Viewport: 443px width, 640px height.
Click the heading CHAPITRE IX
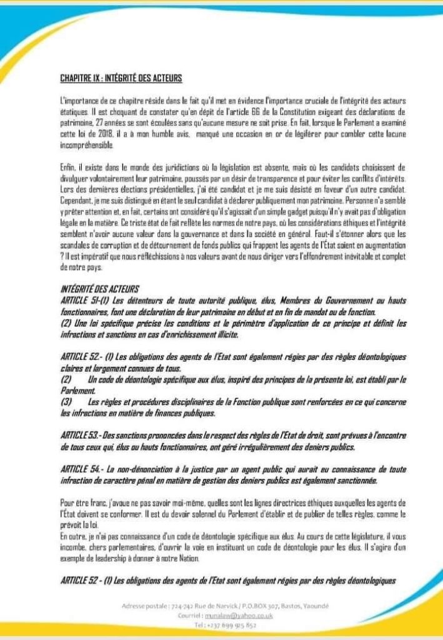(121, 78)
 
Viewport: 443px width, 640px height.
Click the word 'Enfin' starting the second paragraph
(67, 167)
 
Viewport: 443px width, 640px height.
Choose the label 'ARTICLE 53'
(80, 434)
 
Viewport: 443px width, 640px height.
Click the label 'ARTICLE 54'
(80, 468)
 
